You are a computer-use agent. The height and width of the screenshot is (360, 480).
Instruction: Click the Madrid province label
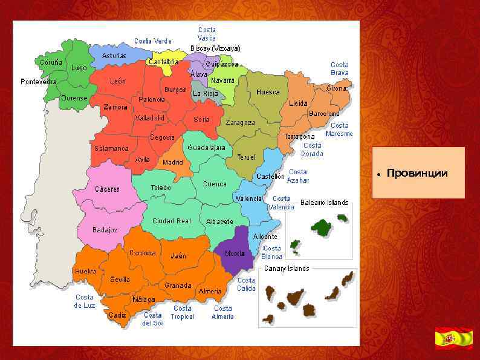point(173,162)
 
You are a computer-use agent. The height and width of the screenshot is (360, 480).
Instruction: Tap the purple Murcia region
point(235,249)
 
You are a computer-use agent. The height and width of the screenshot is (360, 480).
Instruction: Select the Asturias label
point(114,56)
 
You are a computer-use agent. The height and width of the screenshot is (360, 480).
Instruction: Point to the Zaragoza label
point(241,122)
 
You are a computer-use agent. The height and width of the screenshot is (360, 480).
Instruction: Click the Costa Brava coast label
point(339,68)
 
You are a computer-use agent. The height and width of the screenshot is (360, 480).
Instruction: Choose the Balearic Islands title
point(325,203)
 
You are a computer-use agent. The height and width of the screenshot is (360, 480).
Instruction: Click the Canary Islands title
point(286,268)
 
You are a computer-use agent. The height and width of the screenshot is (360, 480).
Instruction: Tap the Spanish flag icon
point(453,338)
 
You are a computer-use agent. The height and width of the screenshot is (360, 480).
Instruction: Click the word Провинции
point(418,174)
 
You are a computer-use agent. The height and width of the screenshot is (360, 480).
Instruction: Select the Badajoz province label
point(105,230)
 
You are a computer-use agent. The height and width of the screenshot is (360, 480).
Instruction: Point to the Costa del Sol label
point(153,319)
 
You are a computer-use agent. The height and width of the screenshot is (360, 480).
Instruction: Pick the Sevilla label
point(120,280)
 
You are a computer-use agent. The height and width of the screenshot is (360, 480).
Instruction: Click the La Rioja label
point(206,94)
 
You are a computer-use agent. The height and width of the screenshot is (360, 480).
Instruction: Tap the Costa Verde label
point(153,41)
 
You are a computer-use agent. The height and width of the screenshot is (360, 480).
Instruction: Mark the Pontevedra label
point(38,82)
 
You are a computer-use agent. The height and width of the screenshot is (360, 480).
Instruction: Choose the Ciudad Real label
point(171,221)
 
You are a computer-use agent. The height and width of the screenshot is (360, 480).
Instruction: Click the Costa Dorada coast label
point(312,149)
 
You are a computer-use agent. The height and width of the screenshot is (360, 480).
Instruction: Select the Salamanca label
point(111,148)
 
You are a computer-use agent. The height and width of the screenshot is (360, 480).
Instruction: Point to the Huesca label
point(268,93)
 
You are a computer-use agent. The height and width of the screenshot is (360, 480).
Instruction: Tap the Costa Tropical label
point(183,312)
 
